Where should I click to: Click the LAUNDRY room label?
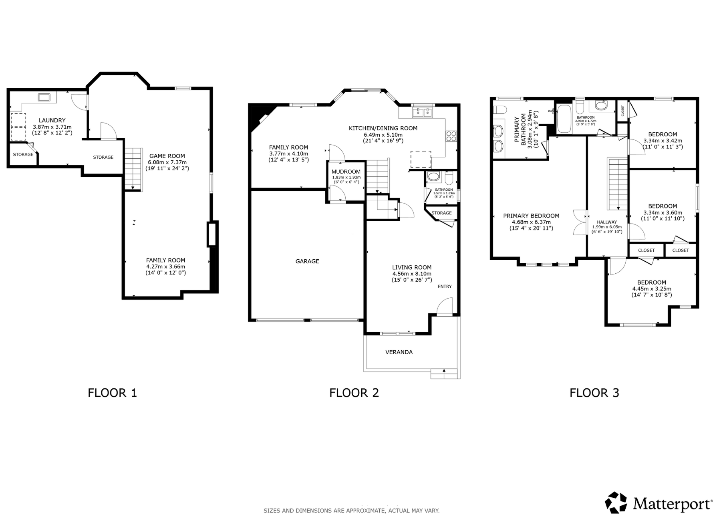[52, 120]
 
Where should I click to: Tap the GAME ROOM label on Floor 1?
[167, 156]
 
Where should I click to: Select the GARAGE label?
[307, 261]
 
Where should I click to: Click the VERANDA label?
[399, 352]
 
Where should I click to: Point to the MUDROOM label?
[346, 172]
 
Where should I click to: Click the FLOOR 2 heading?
[354, 393]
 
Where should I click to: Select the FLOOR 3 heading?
[594, 393]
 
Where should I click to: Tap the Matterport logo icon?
[616, 503]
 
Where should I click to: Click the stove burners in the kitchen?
[451, 136]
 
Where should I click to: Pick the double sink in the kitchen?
[423, 113]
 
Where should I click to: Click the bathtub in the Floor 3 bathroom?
[564, 119]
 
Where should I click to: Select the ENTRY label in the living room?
[445, 287]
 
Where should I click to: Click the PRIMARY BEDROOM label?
[531, 216]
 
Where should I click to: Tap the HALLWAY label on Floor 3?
[607, 222]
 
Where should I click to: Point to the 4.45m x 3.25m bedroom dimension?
[652, 289]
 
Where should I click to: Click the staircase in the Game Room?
[133, 169]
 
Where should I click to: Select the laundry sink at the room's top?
[44, 97]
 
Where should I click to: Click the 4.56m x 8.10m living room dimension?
[412, 274]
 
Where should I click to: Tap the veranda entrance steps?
[444, 374]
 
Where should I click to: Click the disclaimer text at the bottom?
[351, 511]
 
